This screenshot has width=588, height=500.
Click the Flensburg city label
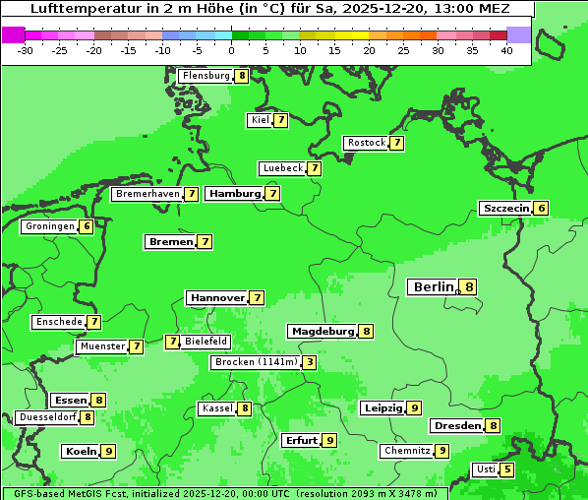(x=206, y=76)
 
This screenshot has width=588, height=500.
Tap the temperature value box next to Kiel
(x=280, y=120)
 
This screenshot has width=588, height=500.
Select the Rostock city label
(x=367, y=143)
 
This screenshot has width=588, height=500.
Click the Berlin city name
(x=434, y=287)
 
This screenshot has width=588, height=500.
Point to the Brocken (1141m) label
(x=255, y=362)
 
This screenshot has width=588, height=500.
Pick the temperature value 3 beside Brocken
(x=309, y=362)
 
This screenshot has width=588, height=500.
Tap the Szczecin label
(x=505, y=208)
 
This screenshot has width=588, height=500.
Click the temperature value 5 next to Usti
(x=506, y=469)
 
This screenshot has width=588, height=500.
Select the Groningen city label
(x=50, y=226)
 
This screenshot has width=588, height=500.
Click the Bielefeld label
(x=206, y=342)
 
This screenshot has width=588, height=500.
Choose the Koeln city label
(x=81, y=451)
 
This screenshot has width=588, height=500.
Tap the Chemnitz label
(x=407, y=451)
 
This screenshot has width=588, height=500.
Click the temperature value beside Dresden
(x=493, y=425)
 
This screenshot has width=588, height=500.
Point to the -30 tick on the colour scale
(x=26, y=50)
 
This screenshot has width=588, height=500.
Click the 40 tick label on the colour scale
(x=506, y=50)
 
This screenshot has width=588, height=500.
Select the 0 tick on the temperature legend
(x=232, y=50)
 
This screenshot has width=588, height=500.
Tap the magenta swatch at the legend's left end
(x=13, y=34)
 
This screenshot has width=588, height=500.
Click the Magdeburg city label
(x=322, y=331)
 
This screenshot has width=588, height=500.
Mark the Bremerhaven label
(x=147, y=194)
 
